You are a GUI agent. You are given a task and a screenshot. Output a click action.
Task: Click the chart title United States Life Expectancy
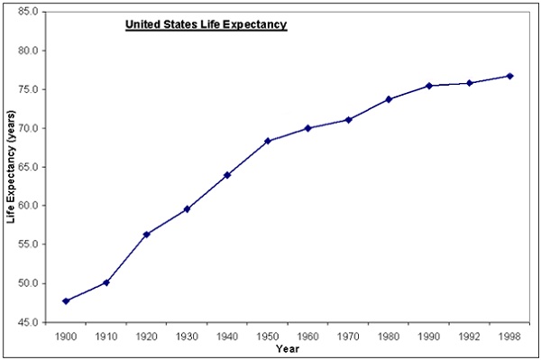point(206,25)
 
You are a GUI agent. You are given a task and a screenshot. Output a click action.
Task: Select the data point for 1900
point(66,300)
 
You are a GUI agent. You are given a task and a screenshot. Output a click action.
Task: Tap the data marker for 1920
point(147,235)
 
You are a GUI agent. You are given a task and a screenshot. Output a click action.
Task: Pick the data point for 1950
point(268,141)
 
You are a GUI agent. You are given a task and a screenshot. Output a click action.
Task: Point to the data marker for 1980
point(389,99)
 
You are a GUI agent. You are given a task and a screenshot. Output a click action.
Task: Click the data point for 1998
point(509,76)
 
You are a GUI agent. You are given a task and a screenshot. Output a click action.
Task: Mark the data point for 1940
point(227,175)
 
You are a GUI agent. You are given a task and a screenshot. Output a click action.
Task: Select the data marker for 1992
point(470,83)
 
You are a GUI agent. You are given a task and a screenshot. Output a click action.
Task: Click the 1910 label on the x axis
point(106,336)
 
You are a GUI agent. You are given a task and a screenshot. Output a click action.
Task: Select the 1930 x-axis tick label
point(187,336)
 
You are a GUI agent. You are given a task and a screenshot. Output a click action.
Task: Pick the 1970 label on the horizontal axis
point(348,336)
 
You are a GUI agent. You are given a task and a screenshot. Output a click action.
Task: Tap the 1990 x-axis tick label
point(429,336)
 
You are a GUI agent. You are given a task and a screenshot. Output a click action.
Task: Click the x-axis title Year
point(288,348)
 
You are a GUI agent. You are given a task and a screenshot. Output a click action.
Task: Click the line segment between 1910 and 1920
point(126,259)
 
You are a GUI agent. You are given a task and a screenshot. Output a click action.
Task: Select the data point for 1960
point(308,128)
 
